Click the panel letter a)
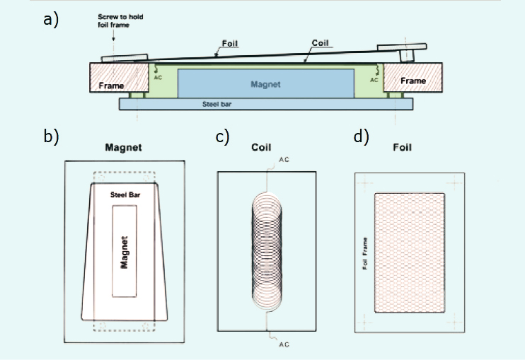[50, 20]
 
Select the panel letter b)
[50, 137]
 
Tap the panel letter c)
[223, 137]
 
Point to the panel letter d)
[361, 137]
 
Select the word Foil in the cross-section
[229, 44]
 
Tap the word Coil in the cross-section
[321, 44]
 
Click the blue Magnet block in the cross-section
[265, 84]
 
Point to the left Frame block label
[112, 86]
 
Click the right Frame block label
[413, 81]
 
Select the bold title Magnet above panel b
[124, 148]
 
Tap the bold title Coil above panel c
[262, 148]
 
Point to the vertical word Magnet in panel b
[124, 252]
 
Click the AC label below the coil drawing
[283, 344]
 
